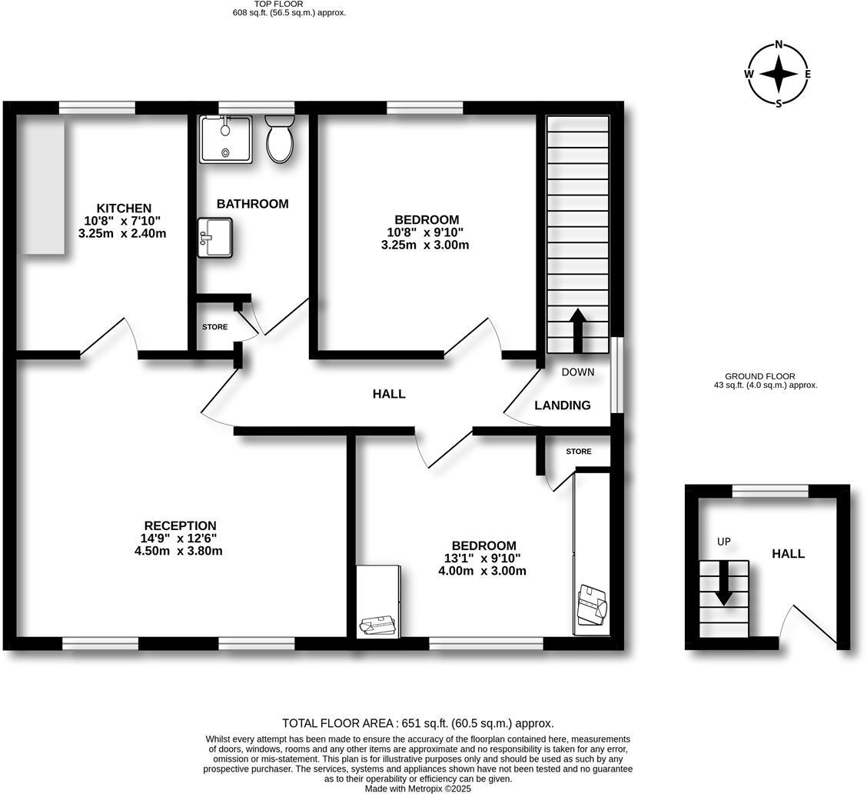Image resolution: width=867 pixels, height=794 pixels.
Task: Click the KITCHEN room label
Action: click(124, 209)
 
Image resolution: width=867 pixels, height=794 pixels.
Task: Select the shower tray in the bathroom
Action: click(225, 139)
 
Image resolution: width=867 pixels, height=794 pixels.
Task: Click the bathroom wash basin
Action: click(214, 237)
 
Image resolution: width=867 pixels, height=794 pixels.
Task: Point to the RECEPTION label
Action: click(180, 526)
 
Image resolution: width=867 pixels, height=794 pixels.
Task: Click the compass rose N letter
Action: click(779, 45)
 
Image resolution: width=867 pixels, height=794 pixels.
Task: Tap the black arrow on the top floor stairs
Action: click(577, 330)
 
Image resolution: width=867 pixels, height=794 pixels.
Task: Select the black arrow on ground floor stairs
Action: click(722, 584)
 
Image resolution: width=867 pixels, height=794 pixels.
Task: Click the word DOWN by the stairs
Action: click(578, 372)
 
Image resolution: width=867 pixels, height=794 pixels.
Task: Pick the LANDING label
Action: click(563, 405)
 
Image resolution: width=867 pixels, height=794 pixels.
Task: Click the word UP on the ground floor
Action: click(723, 542)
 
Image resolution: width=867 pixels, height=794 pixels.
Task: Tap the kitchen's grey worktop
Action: click(42, 185)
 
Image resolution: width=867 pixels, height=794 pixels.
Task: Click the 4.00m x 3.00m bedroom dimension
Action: click(482, 571)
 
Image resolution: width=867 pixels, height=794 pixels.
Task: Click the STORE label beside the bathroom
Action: click(214, 327)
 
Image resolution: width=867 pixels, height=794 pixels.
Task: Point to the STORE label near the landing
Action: click(579, 452)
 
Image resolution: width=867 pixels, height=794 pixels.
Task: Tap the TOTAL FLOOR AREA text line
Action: click(417, 723)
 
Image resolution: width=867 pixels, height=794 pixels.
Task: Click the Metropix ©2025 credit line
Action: click(418, 789)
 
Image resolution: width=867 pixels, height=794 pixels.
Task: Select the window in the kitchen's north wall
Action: click(98, 108)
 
